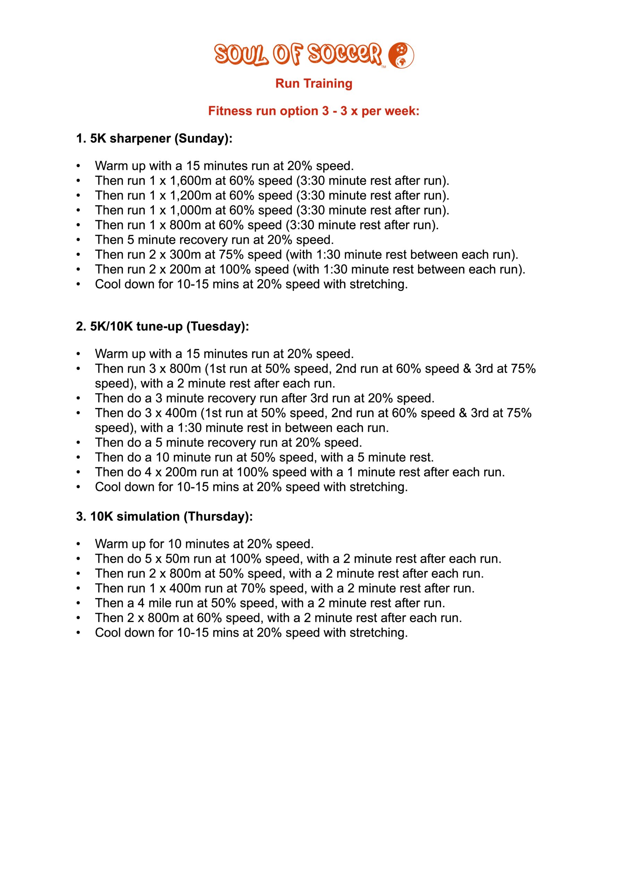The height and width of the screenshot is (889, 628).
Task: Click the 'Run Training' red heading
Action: (x=314, y=84)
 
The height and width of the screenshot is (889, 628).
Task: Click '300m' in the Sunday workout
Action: (x=183, y=255)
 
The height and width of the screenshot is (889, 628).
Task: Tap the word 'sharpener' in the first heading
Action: (x=140, y=139)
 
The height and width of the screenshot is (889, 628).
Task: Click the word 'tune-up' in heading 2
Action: (x=159, y=326)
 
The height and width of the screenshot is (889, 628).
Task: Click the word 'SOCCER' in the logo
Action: (x=345, y=54)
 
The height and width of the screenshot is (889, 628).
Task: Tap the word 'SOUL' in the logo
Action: (x=241, y=55)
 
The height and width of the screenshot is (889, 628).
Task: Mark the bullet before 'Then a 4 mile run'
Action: (x=78, y=603)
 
